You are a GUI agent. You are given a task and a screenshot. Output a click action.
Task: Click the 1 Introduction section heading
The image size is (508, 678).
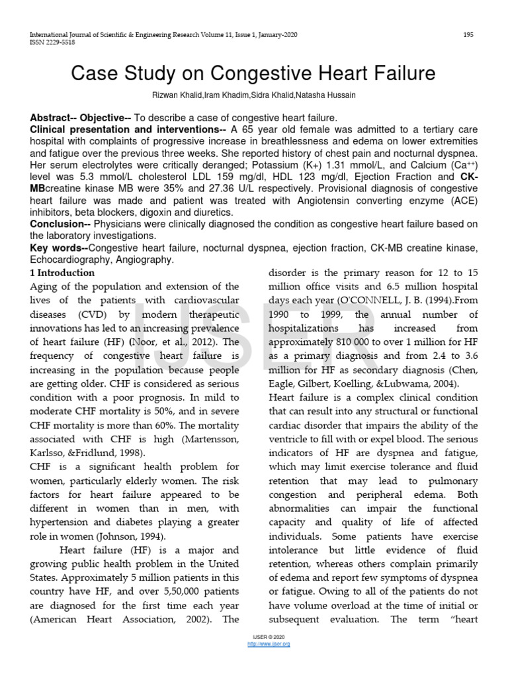point(63,273)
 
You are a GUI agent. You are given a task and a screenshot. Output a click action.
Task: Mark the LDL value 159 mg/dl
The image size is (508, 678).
point(210,177)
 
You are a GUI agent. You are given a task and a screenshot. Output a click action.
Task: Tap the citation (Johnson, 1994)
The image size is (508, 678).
point(127,536)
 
